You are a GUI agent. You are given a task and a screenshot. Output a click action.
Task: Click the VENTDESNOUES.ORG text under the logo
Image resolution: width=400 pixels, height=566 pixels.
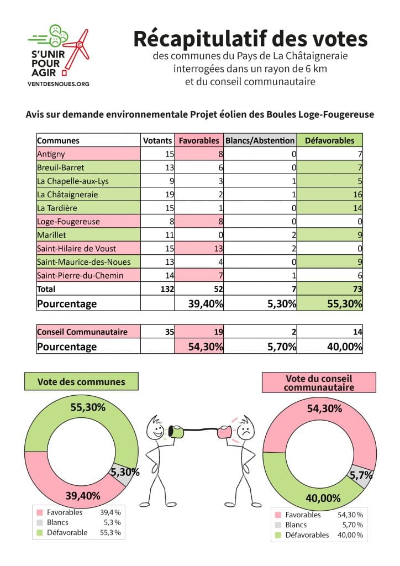pos(59,84)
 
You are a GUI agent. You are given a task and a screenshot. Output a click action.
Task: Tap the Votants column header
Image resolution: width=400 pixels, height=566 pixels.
pos(157,140)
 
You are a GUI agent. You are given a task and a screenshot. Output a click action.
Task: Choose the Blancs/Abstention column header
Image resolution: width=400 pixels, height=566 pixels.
pos(260,140)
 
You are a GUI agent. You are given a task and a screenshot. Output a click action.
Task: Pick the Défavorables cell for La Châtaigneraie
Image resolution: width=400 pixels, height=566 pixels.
pos(330,194)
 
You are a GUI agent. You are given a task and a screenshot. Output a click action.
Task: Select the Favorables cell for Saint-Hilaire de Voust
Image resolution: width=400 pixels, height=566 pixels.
pos(199,248)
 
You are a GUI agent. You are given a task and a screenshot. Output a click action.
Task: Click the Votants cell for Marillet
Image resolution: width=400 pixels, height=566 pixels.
pos(157,235)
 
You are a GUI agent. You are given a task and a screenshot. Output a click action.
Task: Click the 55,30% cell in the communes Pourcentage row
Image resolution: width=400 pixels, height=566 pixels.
pos(330,303)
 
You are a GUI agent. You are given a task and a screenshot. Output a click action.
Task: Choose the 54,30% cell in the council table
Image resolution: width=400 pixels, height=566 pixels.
pos(199,346)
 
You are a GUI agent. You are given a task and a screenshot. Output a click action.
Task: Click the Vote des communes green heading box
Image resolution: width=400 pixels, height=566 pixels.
pos(81,381)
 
